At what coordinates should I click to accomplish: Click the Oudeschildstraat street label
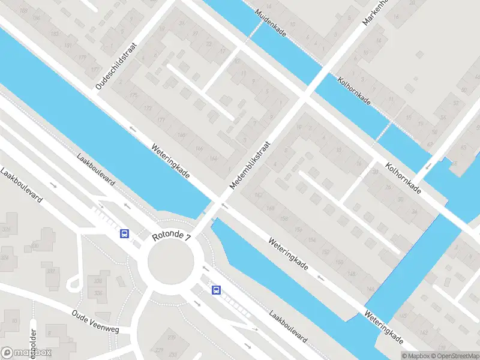117,66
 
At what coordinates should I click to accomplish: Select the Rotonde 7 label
171,238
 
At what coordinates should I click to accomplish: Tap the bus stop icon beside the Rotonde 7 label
124,233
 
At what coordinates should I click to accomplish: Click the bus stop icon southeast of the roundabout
216,290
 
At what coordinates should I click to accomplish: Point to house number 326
7,229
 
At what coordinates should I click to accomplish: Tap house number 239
171,337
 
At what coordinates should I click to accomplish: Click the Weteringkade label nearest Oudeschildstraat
171,162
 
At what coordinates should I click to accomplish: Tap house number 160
271,208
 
